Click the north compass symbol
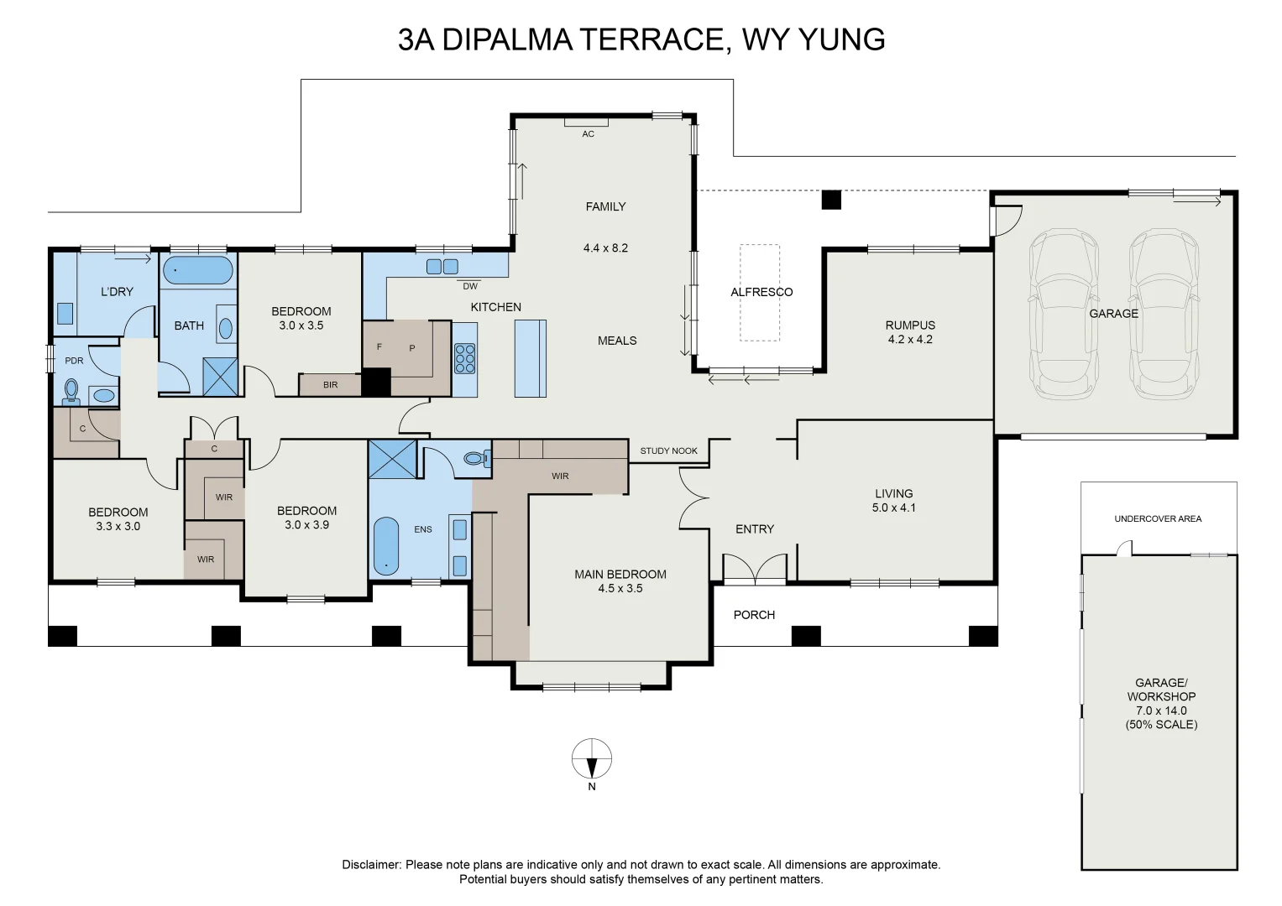tap(592, 759)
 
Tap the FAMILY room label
tap(605, 206)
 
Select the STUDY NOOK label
tap(668, 450)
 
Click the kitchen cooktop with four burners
tap(465, 358)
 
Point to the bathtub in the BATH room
tap(197, 271)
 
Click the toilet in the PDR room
tap(71, 391)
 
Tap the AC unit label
tap(588, 134)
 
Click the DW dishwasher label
tap(470, 286)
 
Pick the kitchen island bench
tap(530, 358)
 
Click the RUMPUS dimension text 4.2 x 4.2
tap(910, 340)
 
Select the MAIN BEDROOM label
tap(620, 575)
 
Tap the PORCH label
tap(754, 615)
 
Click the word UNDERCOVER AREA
tap(1158, 518)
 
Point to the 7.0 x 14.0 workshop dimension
tap(1161, 711)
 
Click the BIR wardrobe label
tap(330, 385)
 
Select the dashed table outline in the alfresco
tap(760, 293)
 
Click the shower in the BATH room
tap(221, 377)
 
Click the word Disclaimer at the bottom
tap(371, 865)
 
